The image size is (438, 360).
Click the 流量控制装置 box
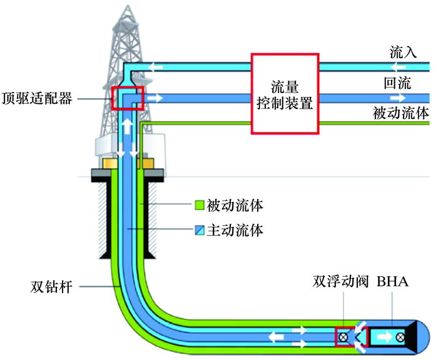285,93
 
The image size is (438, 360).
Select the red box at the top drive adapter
128,98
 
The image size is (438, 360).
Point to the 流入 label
403,52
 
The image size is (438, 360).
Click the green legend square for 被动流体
198,204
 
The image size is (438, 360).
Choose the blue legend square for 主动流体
198,231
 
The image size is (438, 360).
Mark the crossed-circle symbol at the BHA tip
400,337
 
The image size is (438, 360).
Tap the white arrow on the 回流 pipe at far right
397,98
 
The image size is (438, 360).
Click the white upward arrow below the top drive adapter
128,124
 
